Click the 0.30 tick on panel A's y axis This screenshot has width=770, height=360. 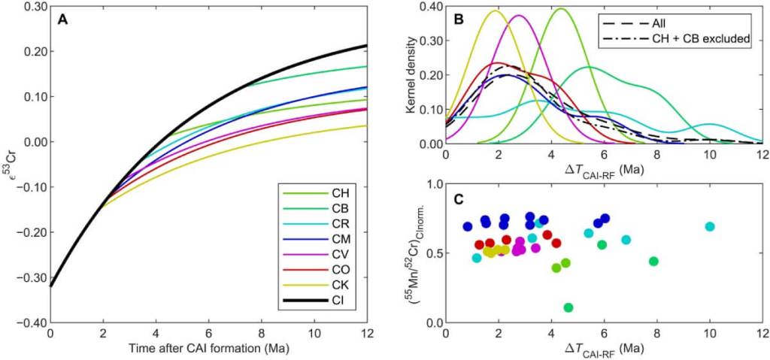click(x=32, y=7)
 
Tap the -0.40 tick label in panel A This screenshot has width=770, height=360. click(x=31, y=323)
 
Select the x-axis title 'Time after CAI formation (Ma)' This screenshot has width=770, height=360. click(x=208, y=350)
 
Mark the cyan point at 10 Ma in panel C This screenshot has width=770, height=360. click(x=710, y=226)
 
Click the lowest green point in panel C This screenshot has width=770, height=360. click(x=568, y=307)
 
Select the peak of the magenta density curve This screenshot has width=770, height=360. click(x=519, y=15)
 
